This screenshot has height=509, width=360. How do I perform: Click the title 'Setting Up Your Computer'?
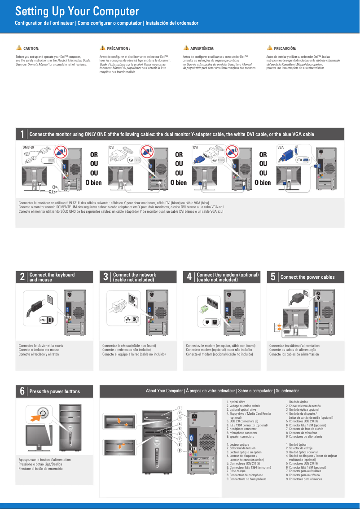77,11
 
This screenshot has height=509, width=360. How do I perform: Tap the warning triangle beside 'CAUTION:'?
18,48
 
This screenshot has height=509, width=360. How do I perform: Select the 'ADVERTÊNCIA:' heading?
202,48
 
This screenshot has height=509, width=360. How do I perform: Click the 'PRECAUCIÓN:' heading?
285,48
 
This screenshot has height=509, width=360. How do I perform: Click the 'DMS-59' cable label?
28,147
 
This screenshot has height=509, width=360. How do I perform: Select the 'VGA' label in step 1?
281,147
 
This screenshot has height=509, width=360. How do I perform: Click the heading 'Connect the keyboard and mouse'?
52,277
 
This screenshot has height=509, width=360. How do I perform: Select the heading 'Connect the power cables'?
307,277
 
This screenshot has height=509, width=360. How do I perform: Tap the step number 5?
273,277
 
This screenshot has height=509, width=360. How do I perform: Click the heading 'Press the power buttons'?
54,391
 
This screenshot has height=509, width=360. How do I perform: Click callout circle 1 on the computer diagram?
179,408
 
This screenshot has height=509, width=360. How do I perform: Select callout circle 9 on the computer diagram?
179,450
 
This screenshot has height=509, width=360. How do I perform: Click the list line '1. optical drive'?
236,402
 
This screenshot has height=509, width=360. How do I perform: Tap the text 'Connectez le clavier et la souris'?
41,346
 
